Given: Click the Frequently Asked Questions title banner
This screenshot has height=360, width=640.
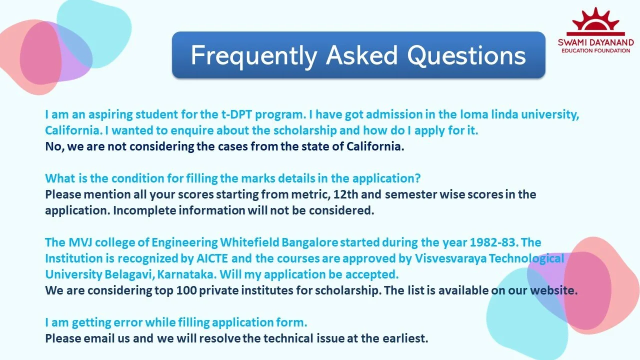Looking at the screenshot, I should [x=358, y=55].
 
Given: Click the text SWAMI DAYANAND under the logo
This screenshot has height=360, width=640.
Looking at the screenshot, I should [x=595, y=42].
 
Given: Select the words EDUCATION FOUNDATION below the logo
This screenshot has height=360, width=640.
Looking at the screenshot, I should [x=595, y=50].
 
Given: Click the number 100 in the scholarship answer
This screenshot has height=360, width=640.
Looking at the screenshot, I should [x=186, y=290].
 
